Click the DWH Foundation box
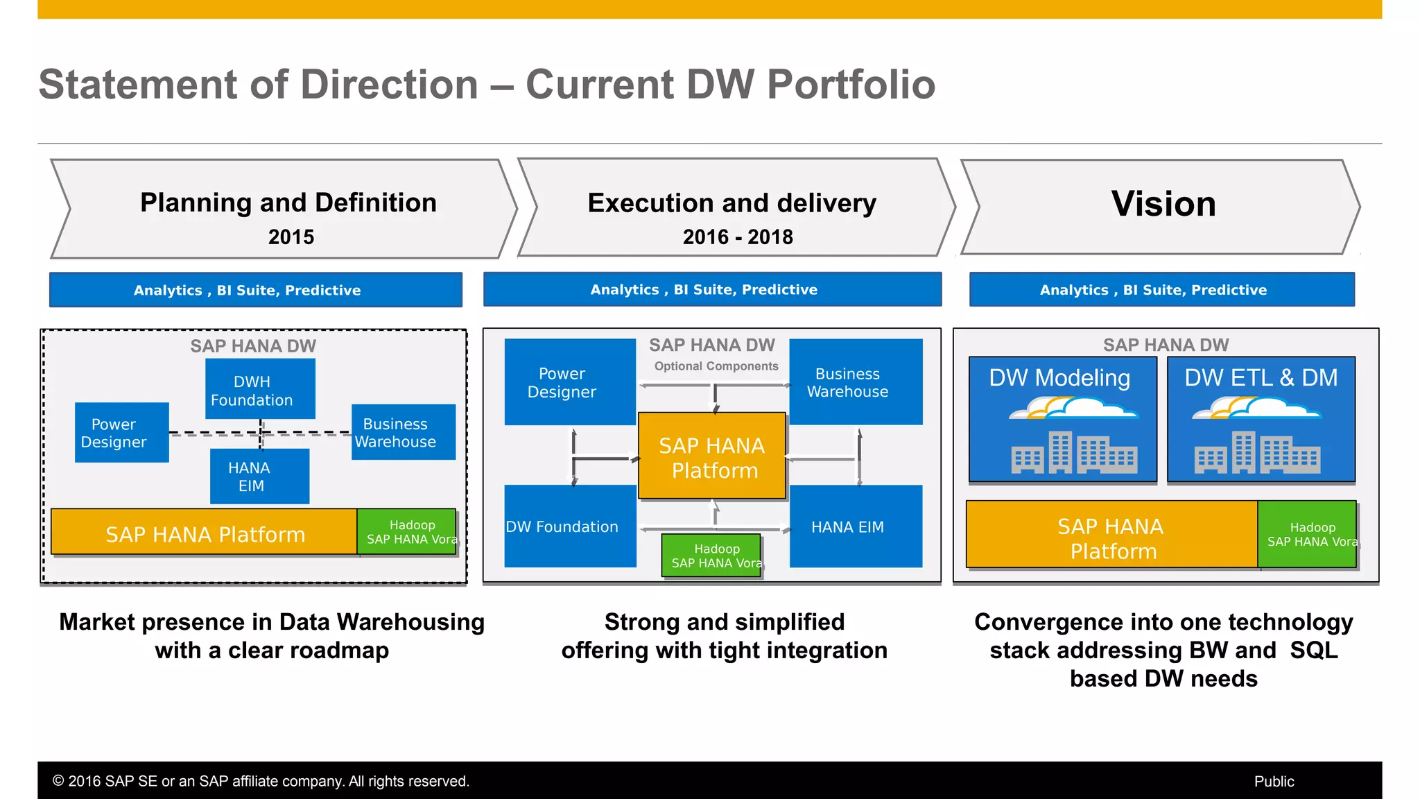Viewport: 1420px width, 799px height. pos(260,389)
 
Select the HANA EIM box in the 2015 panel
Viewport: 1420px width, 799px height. pos(259,476)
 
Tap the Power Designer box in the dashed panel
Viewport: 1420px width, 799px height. pos(121,433)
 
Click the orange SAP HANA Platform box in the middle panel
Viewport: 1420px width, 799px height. pos(712,457)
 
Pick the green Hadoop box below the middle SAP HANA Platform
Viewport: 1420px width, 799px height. pos(712,556)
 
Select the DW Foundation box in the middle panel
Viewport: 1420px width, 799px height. pos(569,526)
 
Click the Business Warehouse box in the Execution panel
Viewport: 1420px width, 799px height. pos(855,382)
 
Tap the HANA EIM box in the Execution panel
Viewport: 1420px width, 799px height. pos(855,526)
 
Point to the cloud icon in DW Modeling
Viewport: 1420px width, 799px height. pos(1073,409)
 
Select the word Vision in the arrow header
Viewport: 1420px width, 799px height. pos(1163,204)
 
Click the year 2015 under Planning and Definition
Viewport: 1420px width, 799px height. pos(291,237)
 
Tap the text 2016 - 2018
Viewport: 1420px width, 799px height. pos(737,237)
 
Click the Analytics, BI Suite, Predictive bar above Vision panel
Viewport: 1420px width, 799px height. pos(1161,290)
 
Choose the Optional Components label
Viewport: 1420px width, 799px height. pos(716,366)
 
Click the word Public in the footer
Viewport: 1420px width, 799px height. pos(1274,782)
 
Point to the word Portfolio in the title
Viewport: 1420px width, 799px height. pos(851,85)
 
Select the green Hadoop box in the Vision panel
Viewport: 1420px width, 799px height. pos(1307,535)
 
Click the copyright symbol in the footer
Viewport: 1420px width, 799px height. pos(58,782)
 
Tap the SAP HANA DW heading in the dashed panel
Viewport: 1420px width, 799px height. pos(253,346)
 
